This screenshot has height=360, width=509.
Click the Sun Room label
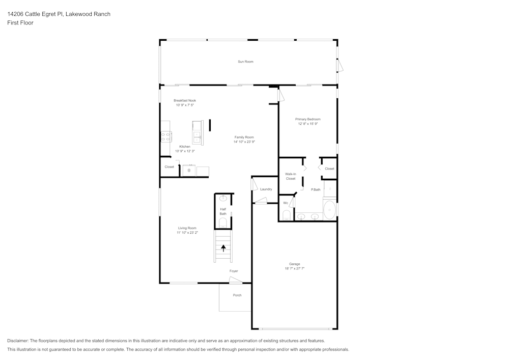[x=245, y=62]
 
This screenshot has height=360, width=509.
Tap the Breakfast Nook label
[x=184, y=101]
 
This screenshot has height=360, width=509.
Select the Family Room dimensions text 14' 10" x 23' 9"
[x=244, y=142]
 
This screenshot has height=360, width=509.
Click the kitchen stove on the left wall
[x=165, y=136]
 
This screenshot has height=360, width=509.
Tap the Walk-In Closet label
[x=291, y=176]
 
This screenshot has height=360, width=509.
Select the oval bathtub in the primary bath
[x=330, y=209]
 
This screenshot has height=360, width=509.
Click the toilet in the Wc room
[x=287, y=215]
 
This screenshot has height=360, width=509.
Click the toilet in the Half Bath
[x=223, y=223]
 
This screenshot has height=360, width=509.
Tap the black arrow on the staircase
[x=223, y=248]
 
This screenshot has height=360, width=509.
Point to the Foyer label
[x=234, y=271]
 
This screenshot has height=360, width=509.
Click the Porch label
[x=237, y=295]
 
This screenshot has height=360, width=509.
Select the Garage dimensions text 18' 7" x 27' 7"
[x=295, y=268]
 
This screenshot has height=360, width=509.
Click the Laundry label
[x=266, y=189]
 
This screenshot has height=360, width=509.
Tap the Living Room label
[x=187, y=228]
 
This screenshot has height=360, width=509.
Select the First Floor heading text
[x=20, y=23]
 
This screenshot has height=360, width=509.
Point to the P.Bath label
[x=316, y=189]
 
